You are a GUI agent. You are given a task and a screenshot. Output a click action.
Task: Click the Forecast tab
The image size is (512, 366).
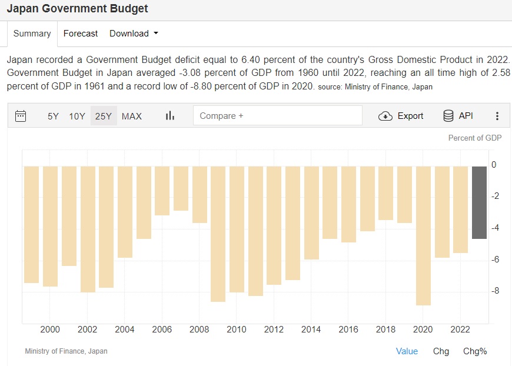click(81, 34)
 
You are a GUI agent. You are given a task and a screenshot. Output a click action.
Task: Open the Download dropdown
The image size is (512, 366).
click(134, 34)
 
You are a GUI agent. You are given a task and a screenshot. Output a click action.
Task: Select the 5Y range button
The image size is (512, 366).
click(53, 116)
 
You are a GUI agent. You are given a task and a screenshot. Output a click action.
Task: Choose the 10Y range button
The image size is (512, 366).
click(77, 116)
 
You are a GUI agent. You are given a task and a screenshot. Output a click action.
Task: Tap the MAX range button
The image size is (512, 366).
click(132, 116)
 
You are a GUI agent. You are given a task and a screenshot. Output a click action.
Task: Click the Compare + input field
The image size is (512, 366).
click(277, 116)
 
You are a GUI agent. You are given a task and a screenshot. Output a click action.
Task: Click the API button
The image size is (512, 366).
click(458, 116)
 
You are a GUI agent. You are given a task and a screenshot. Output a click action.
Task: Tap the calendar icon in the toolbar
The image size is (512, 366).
click(21, 116)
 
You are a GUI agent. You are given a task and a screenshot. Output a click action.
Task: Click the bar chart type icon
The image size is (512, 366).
click(170, 116)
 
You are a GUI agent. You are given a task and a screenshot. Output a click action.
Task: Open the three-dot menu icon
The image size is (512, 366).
click(497, 116)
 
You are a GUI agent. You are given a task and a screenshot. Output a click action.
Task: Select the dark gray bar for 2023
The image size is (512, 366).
click(479, 202)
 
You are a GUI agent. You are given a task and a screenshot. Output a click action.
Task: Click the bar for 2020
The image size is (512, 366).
click(423, 235)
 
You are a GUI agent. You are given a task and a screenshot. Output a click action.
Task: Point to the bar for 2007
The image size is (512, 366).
click(181, 188)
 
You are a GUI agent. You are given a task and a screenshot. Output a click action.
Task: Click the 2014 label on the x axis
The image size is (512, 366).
click(311, 330)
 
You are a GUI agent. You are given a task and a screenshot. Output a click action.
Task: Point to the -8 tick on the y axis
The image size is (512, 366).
click(494, 291)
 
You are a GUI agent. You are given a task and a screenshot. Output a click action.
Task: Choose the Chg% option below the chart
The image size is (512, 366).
click(475, 351)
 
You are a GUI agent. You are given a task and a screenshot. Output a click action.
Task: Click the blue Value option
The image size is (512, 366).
click(407, 351)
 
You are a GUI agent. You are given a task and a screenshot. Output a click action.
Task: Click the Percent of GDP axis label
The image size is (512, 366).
click(474, 138)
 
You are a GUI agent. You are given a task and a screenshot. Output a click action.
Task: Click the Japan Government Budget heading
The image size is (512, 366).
click(77, 9)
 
